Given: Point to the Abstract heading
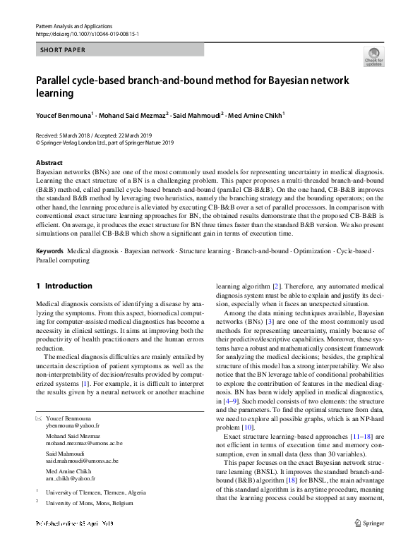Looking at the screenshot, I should (x=49, y=163).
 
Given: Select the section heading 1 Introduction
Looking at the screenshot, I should (x=64, y=286).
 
